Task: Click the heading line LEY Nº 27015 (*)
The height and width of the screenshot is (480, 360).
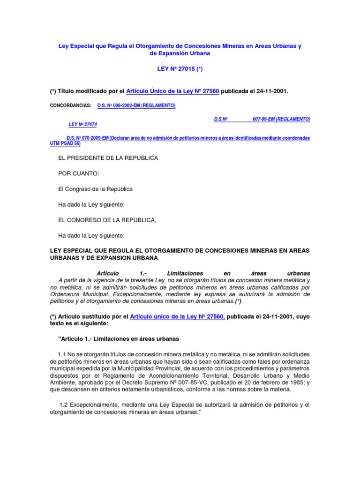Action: tap(180, 69)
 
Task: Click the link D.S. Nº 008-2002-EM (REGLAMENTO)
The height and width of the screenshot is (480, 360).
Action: tap(136, 106)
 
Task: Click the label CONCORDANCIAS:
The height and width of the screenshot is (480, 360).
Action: tap(70, 106)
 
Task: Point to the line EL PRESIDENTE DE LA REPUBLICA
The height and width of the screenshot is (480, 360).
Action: tap(108, 158)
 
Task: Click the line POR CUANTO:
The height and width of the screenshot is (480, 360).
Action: tap(79, 173)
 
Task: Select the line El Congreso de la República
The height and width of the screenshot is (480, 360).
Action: tap(95, 189)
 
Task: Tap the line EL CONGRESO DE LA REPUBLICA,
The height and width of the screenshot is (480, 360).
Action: tap(107, 220)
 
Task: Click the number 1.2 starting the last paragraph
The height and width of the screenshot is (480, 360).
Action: tap(64, 404)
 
